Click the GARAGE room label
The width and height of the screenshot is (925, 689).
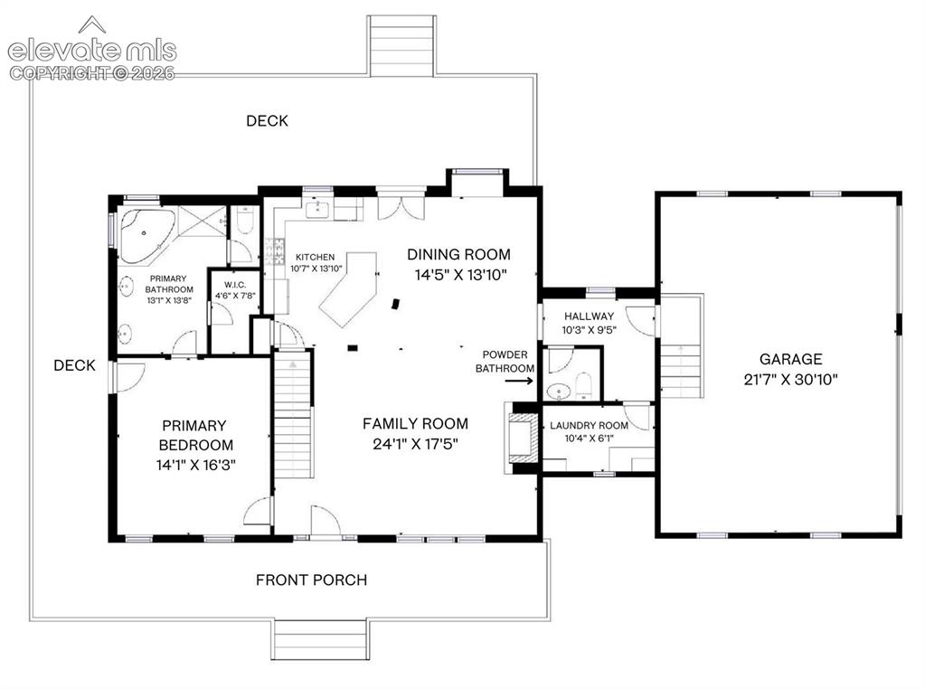point(790,359)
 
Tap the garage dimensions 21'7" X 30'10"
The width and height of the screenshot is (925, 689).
point(790,379)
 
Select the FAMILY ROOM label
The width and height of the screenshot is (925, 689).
point(415,423)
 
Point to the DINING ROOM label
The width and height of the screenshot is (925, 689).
point(459,254)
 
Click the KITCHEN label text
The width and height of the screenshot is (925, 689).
point(315,257)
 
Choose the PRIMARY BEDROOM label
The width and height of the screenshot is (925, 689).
point(194,435)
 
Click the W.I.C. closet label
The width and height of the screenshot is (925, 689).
point(235,285)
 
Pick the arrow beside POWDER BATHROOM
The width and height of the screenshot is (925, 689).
point(518,381)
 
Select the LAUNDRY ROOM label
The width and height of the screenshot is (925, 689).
point(589,425)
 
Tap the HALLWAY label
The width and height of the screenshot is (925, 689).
point(589,316)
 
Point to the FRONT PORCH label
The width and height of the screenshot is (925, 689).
point(311,580)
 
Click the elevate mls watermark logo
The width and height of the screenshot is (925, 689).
point(92,50)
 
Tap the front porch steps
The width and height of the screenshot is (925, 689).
point(320,640)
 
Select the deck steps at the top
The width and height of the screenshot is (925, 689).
point(401,46)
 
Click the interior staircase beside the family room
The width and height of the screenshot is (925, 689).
point(293,413)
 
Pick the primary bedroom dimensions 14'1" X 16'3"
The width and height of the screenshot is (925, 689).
point(196,465)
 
